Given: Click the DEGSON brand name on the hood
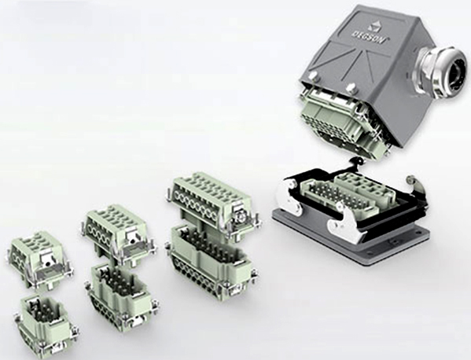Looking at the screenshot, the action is point(370,36).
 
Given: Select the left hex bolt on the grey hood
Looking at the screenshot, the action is point(312,75).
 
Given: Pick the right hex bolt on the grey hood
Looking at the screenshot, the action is point(350,88).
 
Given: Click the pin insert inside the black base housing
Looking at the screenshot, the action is point(337,195).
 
